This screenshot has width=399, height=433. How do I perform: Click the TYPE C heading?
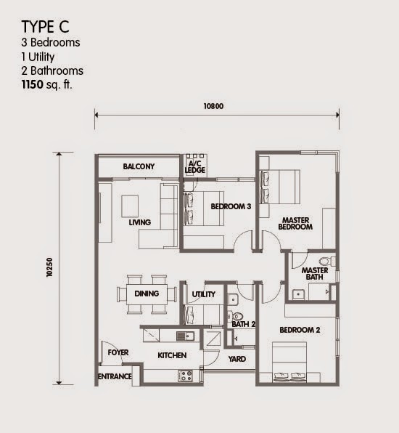tap(45, 27)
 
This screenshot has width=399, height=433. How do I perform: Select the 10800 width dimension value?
tap(213, 106)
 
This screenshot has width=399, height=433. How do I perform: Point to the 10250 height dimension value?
tap(49, 267)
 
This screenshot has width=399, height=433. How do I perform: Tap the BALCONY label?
tap(139, 166)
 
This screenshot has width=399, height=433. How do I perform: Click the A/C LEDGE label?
tap(195, 167)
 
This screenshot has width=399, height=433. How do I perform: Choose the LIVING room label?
tap(140, 222)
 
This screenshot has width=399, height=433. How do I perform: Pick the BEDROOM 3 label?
tap(231, 206)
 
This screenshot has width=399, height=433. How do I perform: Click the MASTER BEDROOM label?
tap(295, 224)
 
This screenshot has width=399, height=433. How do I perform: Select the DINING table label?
tap(147, 294)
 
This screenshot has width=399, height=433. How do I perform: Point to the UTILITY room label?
tap(204, 294)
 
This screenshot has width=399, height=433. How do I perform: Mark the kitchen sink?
tap(185, 336)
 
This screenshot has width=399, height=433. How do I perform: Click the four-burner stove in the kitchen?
tap(185, 376)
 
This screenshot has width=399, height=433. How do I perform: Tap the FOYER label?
tap(118, 352)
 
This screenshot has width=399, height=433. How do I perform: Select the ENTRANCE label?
tap(115, 376)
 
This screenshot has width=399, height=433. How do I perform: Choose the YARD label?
tap(237, 359)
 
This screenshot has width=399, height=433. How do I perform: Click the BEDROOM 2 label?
tap(300, 330)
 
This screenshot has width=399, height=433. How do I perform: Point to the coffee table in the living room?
tap(130, 206)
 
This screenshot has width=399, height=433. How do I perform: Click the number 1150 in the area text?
tap(32, 84)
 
